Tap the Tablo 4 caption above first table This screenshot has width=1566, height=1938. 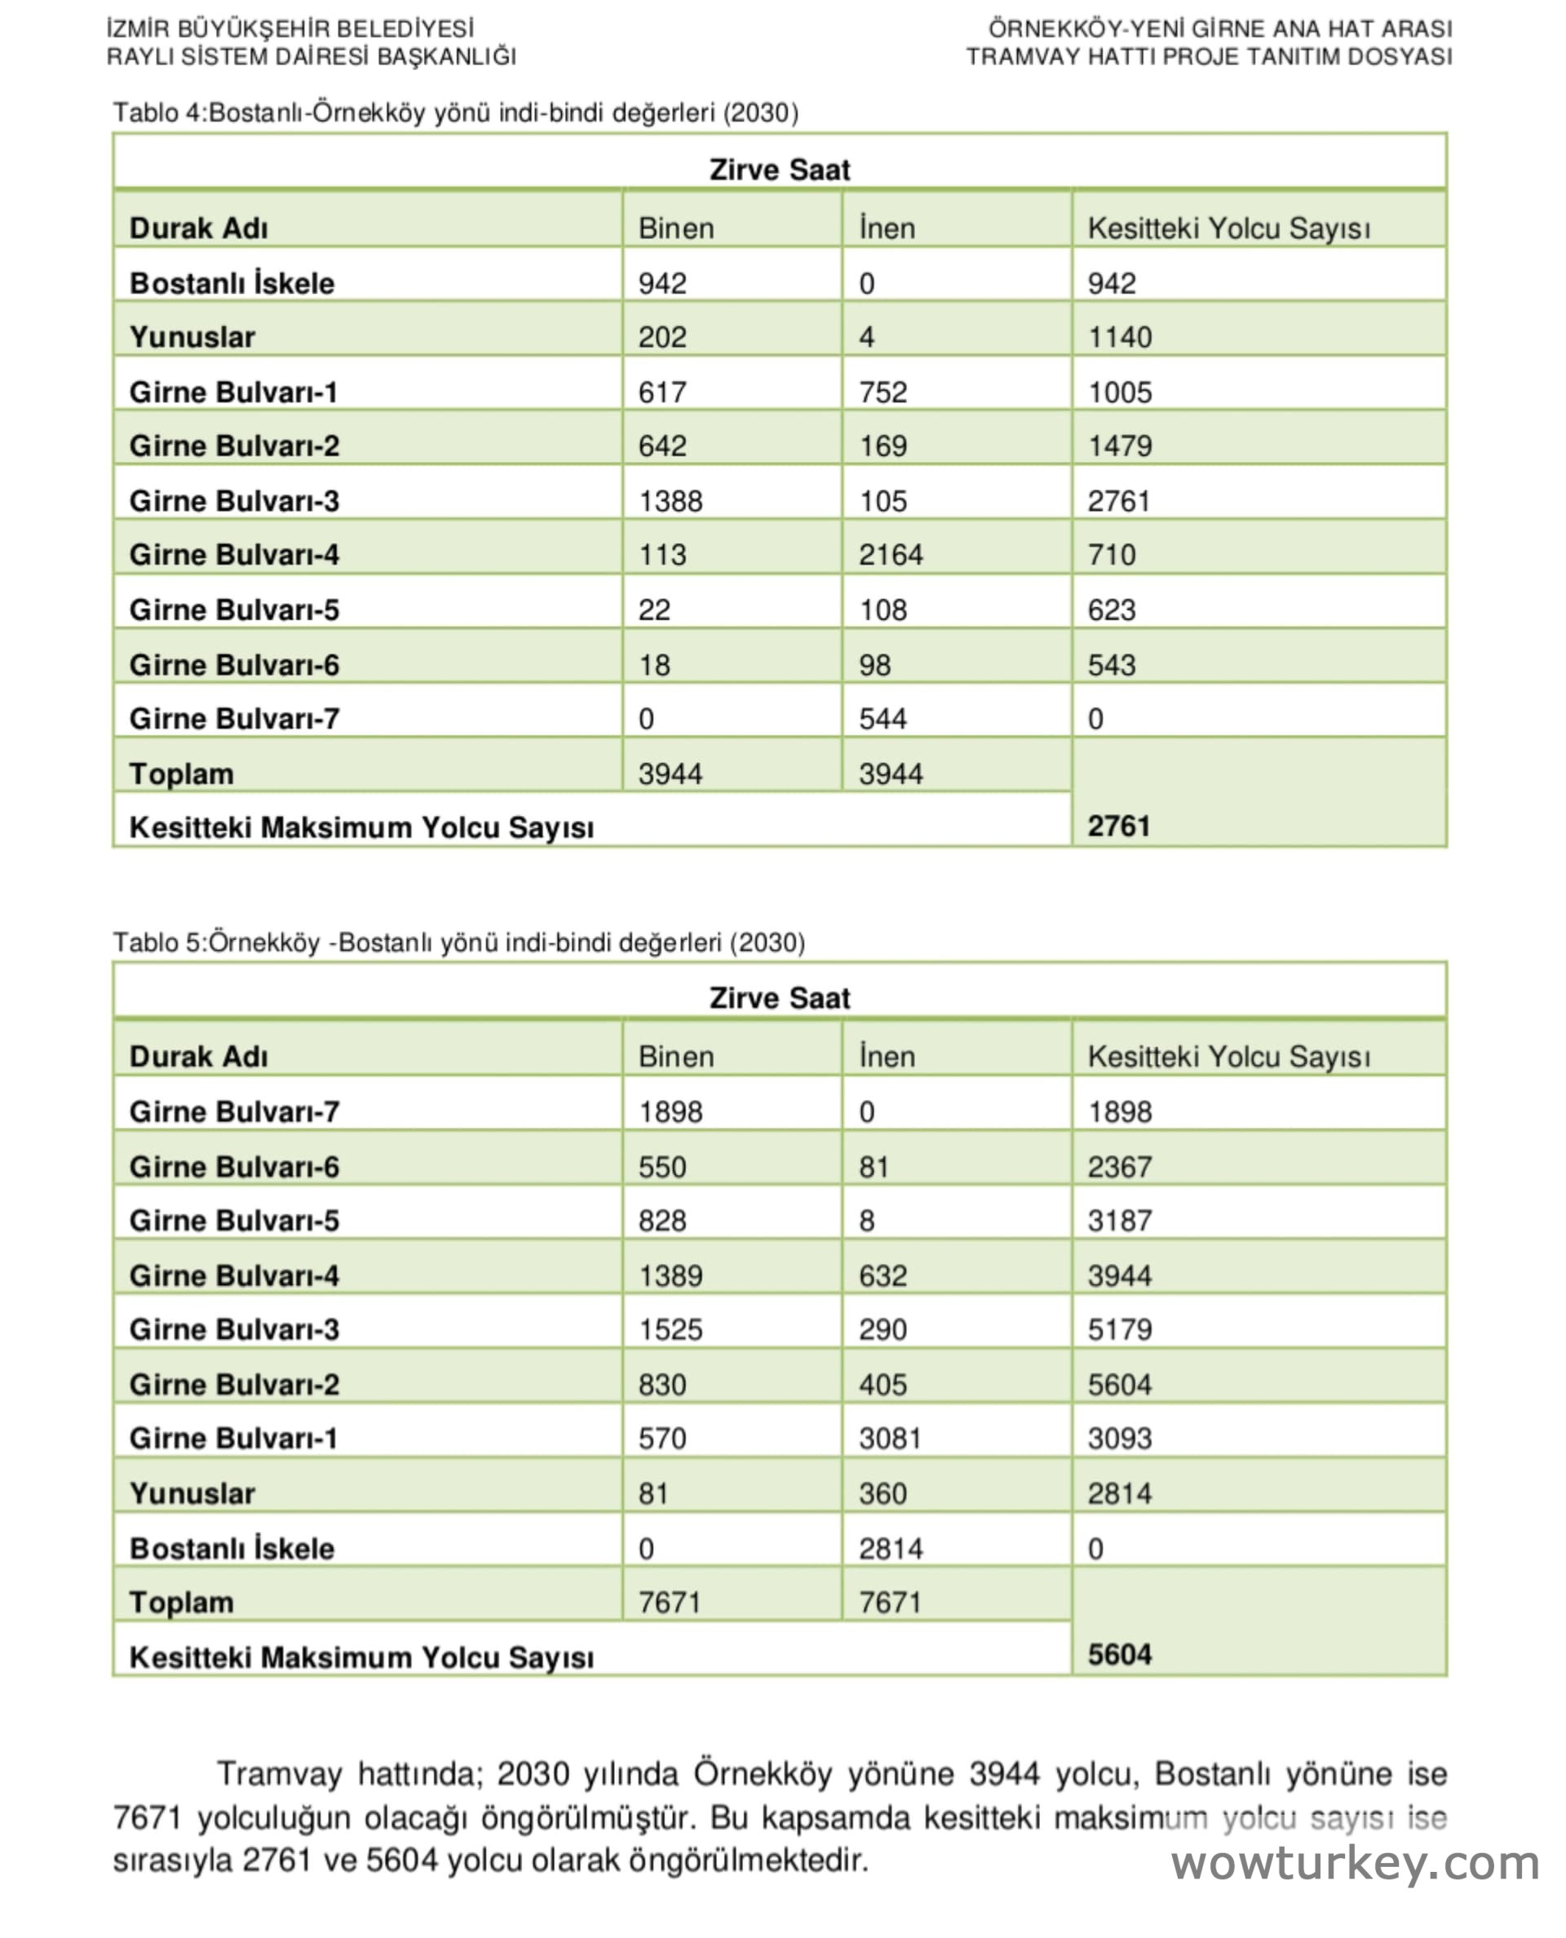pyautogui.click(x=456, y=113)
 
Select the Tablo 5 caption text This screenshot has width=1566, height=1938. pyautogui.click(x=458, y=942)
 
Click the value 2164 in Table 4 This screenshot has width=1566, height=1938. pyautogui.click(x=891, y=555)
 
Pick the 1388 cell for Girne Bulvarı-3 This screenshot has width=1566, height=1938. pyautogui.click(x=670, y=501)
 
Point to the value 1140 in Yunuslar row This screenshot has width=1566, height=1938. pyautogui.click(x=1120, y=338)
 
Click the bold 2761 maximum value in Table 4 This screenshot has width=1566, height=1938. pyautogui.click(x=1118, y=826)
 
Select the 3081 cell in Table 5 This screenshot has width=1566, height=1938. pyautogui.click(x=890, y=1438)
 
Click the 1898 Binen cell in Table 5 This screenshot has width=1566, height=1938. pyautogui.click(x=670, y=1111)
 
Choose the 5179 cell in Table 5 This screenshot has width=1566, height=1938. pyautogui.click(x=1120, y=1329)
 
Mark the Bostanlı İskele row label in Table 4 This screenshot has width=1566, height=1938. pyautogui.click(x=232, y=283)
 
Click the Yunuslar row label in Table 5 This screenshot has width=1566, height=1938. pyautogui.click(x=192, y=1493)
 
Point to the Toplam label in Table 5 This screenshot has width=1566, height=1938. pyautogui.click(x=181, y=1602)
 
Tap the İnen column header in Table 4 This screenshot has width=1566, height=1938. pyautogui.click(x=887, y=228)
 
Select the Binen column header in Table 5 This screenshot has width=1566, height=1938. pyautogui.click(x=675, y=1057)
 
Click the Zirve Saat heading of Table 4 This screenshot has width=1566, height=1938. pyautogui.click(x=780, y=170)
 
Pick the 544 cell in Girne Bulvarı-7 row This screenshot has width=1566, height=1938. pyautogui.click(x=883, y=718)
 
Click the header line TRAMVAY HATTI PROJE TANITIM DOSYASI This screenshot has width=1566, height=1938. pyautogui.click(x=1209, y=57)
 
